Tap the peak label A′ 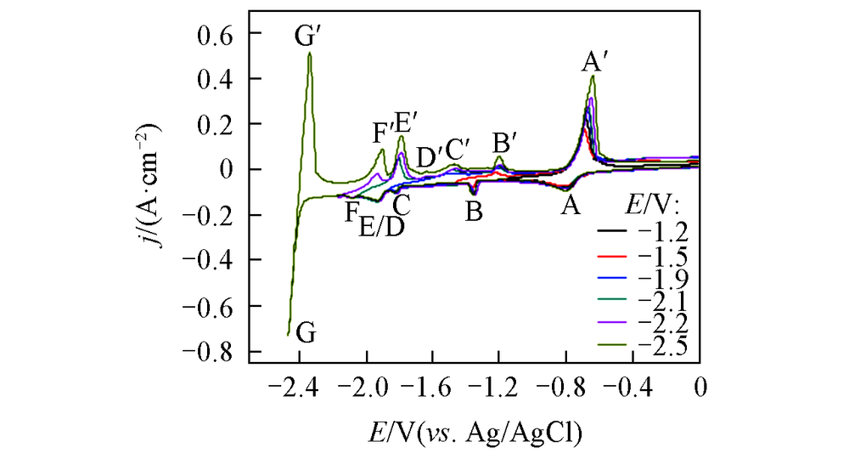point(598,60)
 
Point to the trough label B point(474,211)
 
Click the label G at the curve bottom point(307,333)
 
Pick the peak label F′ point(385,134)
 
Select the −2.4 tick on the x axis point(295,388)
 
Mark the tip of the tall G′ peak point(310,54)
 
